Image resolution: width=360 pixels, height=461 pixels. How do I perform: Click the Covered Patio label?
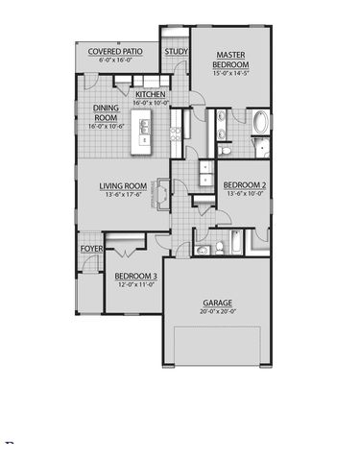(115, 52)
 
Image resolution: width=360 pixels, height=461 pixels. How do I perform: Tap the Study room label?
(176, 52)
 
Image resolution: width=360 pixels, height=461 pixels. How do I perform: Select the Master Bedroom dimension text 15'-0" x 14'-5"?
(231, 73)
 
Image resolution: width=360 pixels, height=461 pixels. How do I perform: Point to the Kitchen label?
(151, 94)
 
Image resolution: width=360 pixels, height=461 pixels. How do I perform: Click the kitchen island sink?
(143, 126)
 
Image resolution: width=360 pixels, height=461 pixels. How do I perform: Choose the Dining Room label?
(106, 112)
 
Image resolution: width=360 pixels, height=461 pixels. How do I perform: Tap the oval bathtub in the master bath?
(261, 122)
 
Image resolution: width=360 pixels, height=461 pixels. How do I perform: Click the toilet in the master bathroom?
(225, 150)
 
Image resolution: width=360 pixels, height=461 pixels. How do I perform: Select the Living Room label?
(123, 186)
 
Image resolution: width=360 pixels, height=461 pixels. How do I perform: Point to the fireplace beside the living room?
(163, 195)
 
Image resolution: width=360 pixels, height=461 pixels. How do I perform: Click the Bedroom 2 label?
(245, 185)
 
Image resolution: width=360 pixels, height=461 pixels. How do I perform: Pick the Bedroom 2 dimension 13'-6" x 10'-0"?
(245, 193)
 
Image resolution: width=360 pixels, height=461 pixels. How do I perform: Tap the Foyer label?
(91, 249)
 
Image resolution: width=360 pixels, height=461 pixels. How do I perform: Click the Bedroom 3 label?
(135, 276)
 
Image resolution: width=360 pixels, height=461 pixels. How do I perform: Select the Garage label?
(218, 303)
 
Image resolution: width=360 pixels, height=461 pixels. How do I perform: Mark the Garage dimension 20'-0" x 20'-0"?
(218, 311)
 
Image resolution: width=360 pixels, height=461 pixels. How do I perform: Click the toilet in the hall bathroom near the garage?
(220, 248)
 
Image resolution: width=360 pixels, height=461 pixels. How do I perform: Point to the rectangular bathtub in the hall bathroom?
(236, 241)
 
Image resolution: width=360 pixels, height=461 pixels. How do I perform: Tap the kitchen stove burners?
(176, 134)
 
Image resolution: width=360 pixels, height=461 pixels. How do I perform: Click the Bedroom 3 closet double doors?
(127, 253)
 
